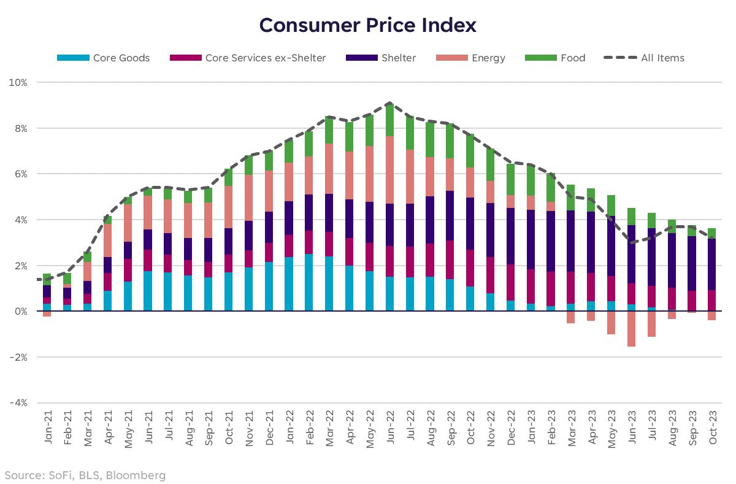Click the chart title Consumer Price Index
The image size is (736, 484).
(367, 26)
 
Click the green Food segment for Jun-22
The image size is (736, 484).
(390, 120)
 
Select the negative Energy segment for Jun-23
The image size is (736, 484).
(632, 329)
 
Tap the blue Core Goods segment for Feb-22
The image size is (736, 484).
(309, 283)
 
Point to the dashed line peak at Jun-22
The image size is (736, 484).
(390, 103)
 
